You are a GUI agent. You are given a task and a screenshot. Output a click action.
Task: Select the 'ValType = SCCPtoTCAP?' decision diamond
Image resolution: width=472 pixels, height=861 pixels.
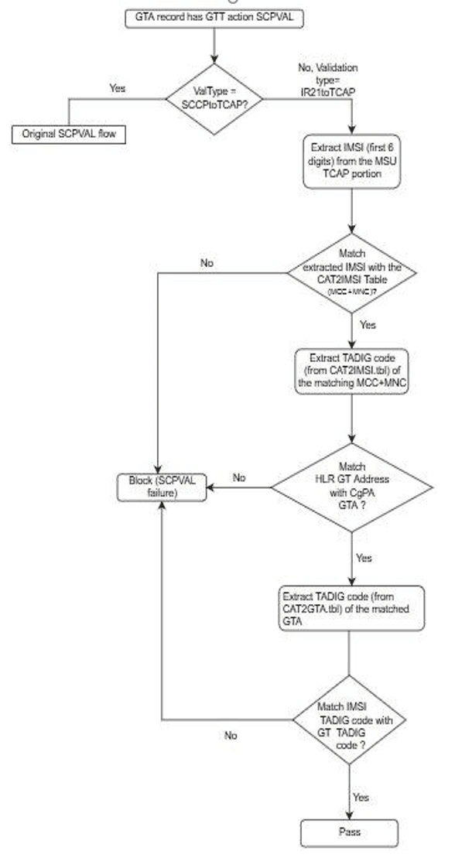pos(214,98)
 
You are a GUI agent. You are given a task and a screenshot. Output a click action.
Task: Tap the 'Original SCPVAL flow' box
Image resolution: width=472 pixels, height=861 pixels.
pos(69,133)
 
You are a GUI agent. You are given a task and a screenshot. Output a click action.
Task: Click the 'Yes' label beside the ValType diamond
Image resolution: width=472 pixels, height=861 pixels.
pos(118,88)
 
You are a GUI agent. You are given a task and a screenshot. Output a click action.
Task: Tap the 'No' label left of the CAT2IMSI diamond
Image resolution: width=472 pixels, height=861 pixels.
pos(207,263)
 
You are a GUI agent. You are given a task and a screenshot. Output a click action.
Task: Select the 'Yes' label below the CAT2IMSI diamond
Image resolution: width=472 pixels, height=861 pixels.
pos(368,325)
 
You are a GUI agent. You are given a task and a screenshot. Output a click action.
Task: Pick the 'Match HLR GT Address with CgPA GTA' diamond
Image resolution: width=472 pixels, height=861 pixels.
pos(352,487)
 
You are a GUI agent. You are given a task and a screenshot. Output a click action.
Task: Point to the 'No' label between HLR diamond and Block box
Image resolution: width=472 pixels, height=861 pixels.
pos(239,478)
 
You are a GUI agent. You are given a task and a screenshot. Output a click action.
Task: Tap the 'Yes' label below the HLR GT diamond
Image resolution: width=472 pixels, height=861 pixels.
pos(364,557)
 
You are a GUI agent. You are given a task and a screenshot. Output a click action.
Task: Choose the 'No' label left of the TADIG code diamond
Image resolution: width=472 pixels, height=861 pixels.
pos(230,736)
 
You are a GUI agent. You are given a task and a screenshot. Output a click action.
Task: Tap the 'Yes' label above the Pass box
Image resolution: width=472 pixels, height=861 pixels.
pos(361,798)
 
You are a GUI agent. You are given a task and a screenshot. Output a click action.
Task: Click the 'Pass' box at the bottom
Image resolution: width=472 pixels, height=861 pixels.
pos(350,832)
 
